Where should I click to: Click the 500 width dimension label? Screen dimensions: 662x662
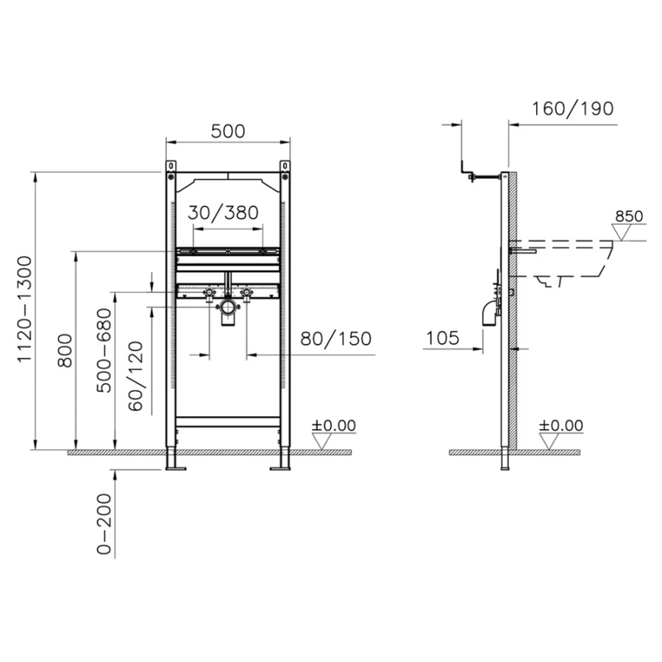pyautogui.click(x=228, y=132)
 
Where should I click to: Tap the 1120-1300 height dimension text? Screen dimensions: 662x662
pyautogui.click(x=25, y=309)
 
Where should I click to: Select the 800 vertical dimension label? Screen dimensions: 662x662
pyautogui.click(x=65, y=350)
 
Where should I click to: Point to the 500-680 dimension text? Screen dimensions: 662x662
pyautogui.click(x=104, y=350)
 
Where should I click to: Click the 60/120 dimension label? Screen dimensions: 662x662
pyautogui.click(x=135, y=376)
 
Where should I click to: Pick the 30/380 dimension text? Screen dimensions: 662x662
pyautogui.click(x=223, y=213)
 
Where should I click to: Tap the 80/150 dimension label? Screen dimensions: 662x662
pyautogui.click(x=335, y=338)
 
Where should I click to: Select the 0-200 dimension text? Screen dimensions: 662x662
pyautogui.click(x=104, y=524)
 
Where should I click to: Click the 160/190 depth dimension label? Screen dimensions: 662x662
pyautogui.click(x=572, y=109)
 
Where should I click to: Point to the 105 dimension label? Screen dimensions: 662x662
pyautogui.click(x=442, y=338)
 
